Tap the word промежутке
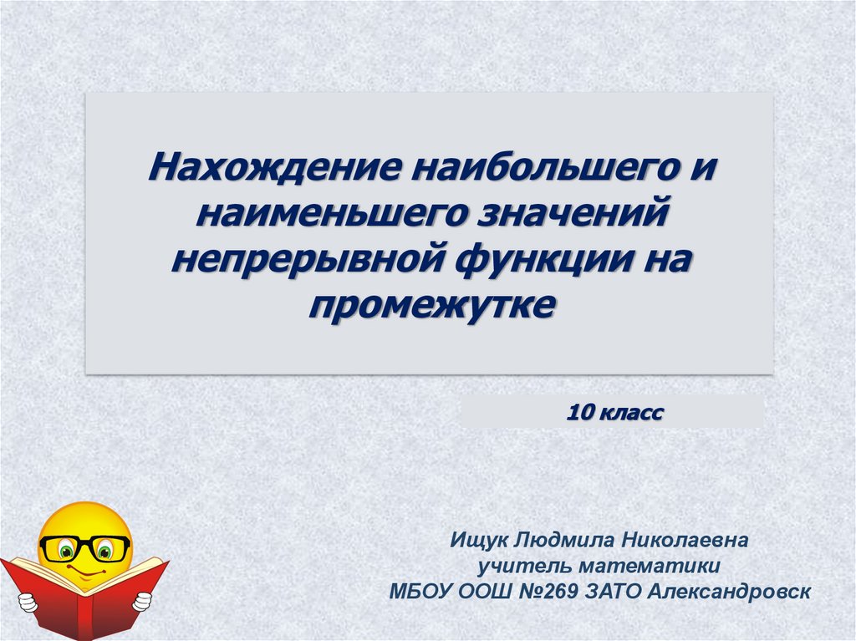click(x=431, y=303)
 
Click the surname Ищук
click(x=476, y=542)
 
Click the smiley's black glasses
click(x=84, y=548)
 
